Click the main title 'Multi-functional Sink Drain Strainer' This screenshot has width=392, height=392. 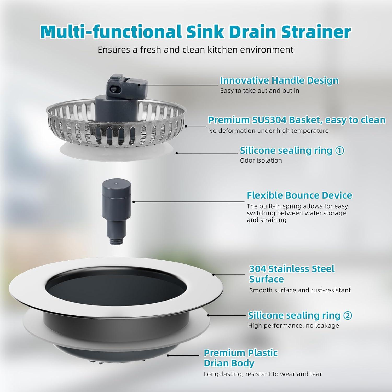195,32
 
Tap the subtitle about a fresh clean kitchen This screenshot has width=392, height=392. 195,50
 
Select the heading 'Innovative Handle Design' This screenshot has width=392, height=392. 279,80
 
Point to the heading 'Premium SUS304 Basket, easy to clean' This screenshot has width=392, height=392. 297,120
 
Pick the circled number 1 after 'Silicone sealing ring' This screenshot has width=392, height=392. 339,151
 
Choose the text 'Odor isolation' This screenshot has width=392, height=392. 261,160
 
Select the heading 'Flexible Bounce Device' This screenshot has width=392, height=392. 299,195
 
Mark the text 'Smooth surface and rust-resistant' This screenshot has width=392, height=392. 300,290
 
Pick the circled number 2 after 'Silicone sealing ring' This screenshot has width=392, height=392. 347,315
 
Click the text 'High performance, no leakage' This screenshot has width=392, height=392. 293,326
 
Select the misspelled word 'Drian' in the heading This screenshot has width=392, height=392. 216,363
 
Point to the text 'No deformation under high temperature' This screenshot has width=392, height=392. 268,131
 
